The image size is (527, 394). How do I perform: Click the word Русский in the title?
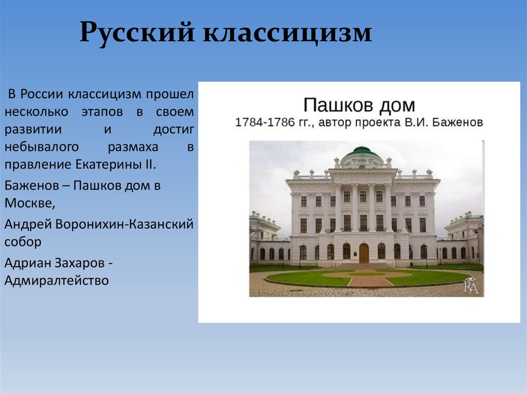click(137, 33)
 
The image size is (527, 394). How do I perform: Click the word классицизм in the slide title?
click(287, 33)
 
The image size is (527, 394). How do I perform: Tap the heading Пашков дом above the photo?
click(359, 105)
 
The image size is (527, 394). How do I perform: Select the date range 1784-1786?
click(265, 122)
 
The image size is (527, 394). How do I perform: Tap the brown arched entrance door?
click(364, 253)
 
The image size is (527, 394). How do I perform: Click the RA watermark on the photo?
click(471, 286)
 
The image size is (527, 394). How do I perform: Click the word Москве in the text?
click(29, 203)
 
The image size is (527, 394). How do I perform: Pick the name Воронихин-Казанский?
click(125, 224)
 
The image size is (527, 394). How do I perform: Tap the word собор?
click(23, 241)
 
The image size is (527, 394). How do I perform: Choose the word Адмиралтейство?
click(57, 280)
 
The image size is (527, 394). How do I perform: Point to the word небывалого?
click(42, 147)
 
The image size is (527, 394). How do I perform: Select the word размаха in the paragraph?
click(133, 147)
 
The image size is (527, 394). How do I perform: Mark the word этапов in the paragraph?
click(102, 112)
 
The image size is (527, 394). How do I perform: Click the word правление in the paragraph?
click(38, 165)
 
